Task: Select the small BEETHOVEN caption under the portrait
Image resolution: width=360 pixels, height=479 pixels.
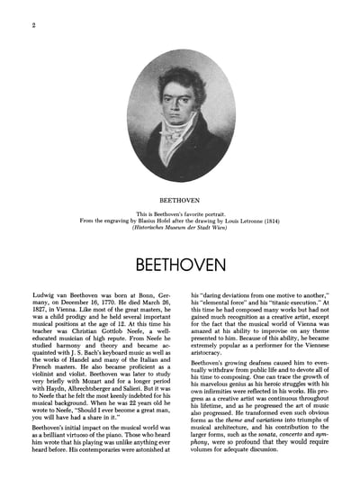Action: coord(180,192)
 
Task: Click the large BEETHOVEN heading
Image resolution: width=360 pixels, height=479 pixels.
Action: coord(180,242)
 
